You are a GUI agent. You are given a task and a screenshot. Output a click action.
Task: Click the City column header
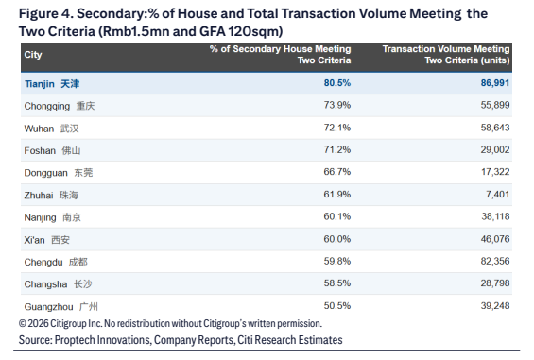[x=33, y=55]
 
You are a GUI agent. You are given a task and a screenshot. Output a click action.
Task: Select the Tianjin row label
[x=52, y=84]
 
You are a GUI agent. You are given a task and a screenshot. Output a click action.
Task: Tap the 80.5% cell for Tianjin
[x=337, y=83]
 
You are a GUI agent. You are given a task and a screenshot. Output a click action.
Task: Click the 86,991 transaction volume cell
[x=495, y=83]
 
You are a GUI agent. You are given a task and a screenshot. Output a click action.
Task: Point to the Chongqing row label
[x=60, y=106]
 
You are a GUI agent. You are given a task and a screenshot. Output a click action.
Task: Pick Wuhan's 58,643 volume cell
[x=495, y=128]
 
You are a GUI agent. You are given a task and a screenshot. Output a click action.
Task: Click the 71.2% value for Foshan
[x=337, y=149]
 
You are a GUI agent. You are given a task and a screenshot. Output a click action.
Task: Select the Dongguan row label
[x=59, y=173]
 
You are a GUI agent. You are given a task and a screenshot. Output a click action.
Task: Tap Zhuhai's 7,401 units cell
[x=497, y=194]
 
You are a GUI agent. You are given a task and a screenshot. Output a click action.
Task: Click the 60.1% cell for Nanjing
[x=337, y=216]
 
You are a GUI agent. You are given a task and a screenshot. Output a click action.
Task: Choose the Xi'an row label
[x=46, y=240]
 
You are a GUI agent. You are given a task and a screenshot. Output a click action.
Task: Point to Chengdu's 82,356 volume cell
[x=495, y=261]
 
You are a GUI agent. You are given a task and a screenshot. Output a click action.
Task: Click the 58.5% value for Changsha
[x=337, y=283]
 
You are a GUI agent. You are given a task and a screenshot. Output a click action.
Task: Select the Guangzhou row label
[x=60, y=307]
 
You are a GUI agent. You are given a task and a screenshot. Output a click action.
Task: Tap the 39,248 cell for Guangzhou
[x=495, y=305]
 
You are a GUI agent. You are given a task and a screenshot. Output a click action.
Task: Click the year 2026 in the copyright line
[x=38, y=323]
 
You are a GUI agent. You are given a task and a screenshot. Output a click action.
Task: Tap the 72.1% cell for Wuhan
[x=337, y=128]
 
